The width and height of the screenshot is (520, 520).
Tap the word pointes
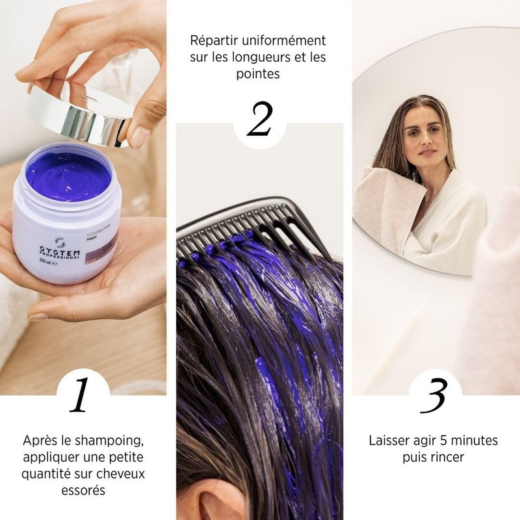click(x=258, y=73)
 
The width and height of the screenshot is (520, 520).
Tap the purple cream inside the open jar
click(x=68, y=175)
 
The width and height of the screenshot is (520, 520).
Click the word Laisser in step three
click(x=390, y=441)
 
